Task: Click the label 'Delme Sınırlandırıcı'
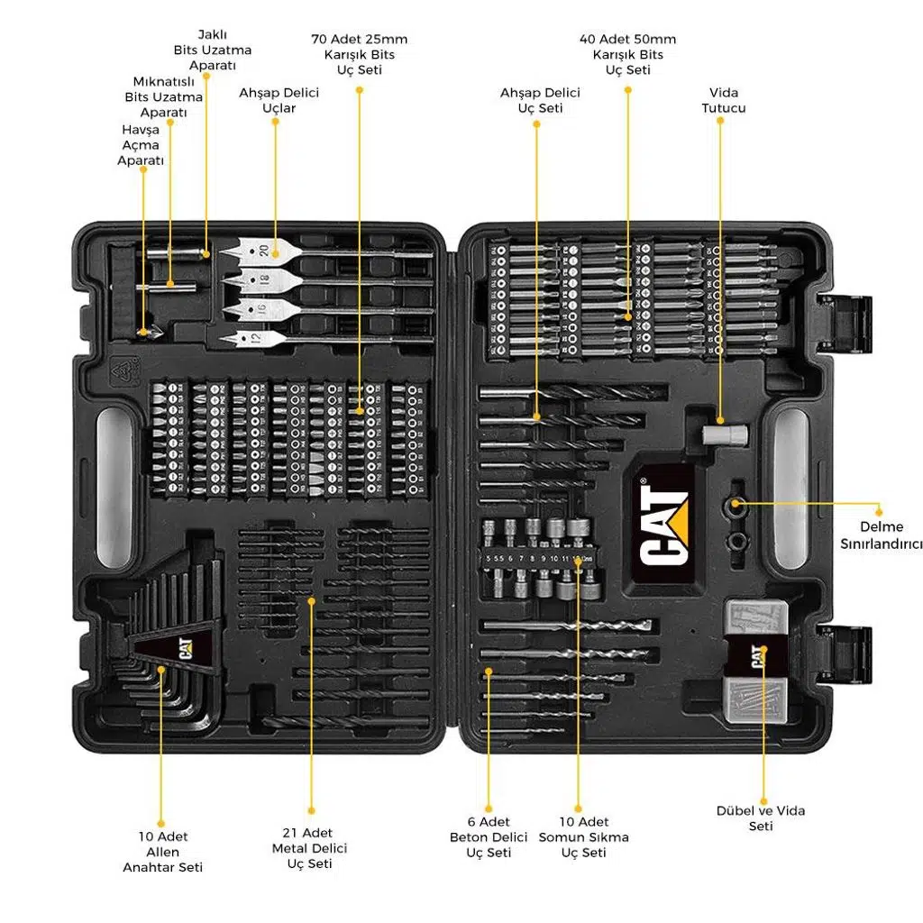pos(882,535)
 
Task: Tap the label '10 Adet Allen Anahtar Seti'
pos(162,852)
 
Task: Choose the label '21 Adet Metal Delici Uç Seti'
pos(309,848)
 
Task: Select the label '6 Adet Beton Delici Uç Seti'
pos(489,836)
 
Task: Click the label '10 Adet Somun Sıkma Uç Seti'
pos(583,836)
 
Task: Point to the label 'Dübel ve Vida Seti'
pos(761,818)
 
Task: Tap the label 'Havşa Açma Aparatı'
pos(141,145)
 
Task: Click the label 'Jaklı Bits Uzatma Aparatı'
pos(213,50)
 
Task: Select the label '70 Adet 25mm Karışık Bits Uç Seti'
pos(359,54)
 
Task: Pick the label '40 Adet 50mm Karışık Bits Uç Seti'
pos(627,54)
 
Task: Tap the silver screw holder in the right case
pos(725,434)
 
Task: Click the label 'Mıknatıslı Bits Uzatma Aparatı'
pos(163,96)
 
